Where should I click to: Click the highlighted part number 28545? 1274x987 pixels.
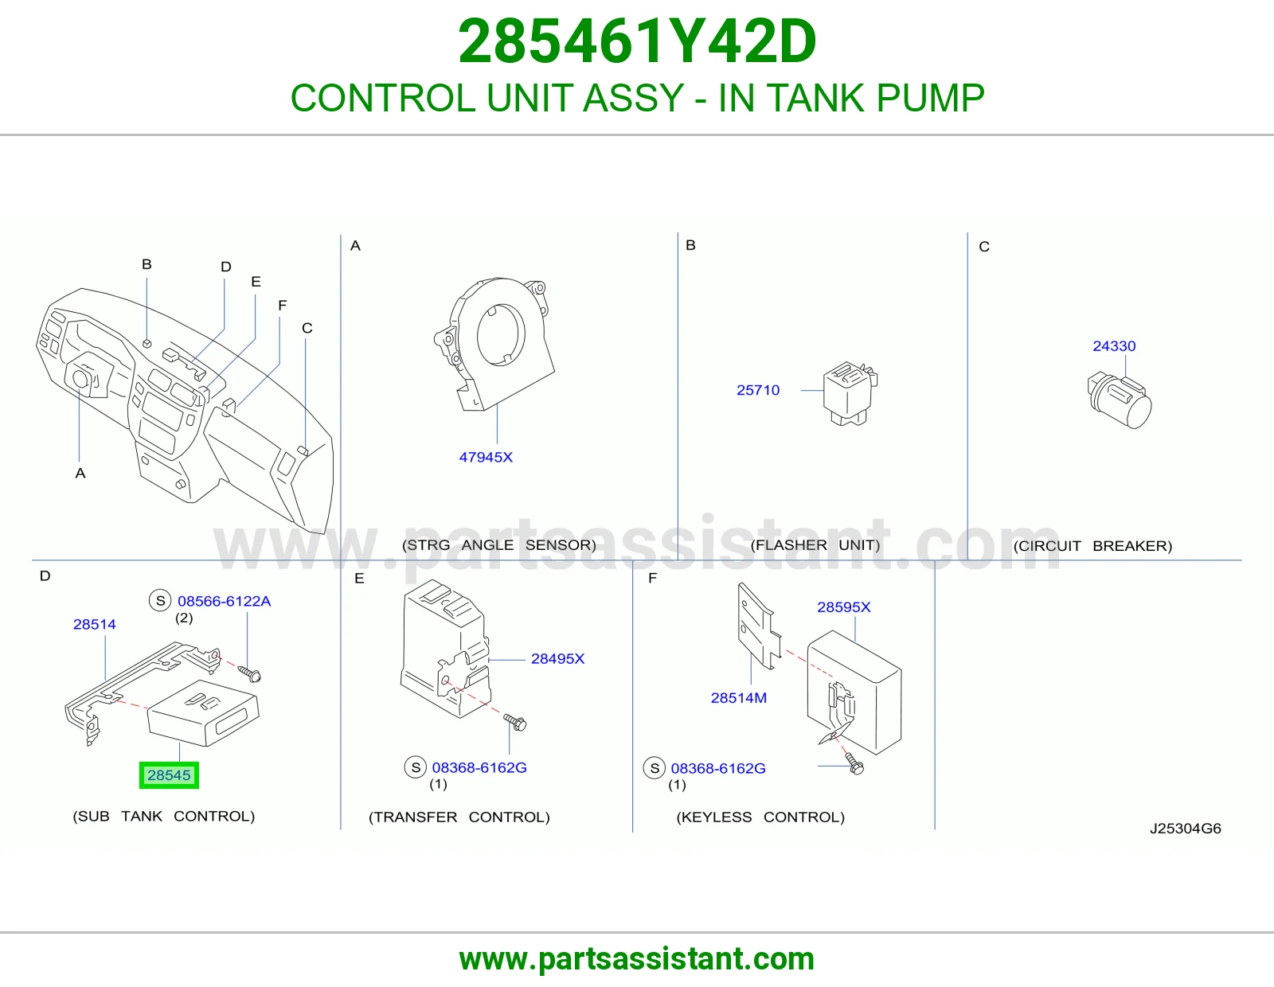(x=169, y=774)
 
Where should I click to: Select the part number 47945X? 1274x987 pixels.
(x=486, y=457)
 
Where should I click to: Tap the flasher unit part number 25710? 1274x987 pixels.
(x=757, y=390)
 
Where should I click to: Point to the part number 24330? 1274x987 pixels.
(x=1114, y=345)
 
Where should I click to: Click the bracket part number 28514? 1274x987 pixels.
(x=95, y=624)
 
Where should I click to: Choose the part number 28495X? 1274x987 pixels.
(x=557, y=659)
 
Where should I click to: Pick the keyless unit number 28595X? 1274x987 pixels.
(x=844, y=607)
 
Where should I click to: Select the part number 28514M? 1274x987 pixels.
(x=739, y=698)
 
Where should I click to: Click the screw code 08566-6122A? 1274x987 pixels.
(x=224, y=601)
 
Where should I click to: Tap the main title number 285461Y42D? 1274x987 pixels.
(x=637, y=41)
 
